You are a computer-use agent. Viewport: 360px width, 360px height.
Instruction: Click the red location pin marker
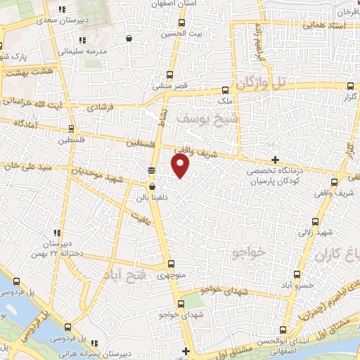coord(181,166)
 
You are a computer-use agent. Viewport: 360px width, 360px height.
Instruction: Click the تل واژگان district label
coord(263,83)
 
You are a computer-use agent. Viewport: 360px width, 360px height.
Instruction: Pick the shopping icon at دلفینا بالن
coord(152,186)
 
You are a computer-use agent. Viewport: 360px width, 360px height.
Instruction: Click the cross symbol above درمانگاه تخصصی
coord(275,160)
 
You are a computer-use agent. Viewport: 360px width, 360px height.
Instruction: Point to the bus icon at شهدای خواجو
coord(181,304)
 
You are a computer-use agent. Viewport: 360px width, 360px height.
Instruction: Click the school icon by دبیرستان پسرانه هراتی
coord(67,326)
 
